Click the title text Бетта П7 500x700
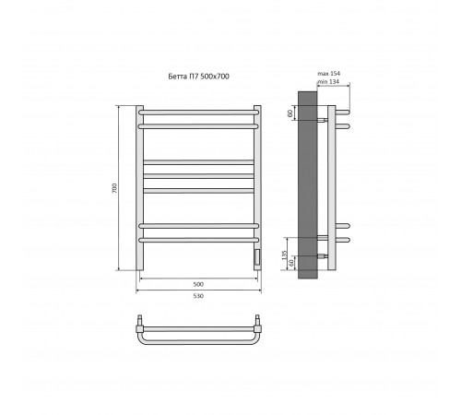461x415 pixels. click(198, 77)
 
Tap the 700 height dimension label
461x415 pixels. click(114, 188)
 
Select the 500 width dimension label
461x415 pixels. click(198, 284)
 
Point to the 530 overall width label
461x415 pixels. click(198, 296)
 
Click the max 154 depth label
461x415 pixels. click(329, 74)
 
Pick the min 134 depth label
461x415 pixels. click(328, 82)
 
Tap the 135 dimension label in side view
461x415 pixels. click(284, 255)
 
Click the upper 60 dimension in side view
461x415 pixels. click(290, 113)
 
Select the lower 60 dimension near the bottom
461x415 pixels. click(291, 263)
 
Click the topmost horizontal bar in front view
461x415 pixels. click(198, 113)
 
